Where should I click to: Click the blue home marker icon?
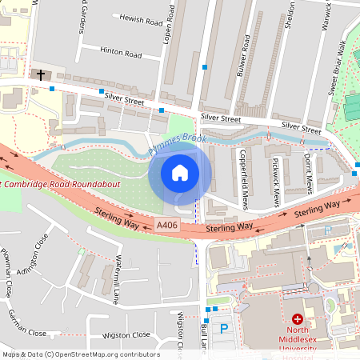pos(180,173)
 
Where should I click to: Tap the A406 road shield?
pos(166,226)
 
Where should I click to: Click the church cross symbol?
pos(40,74)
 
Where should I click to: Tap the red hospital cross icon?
pos(298,318)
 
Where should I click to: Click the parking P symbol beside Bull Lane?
pos(224,329)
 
